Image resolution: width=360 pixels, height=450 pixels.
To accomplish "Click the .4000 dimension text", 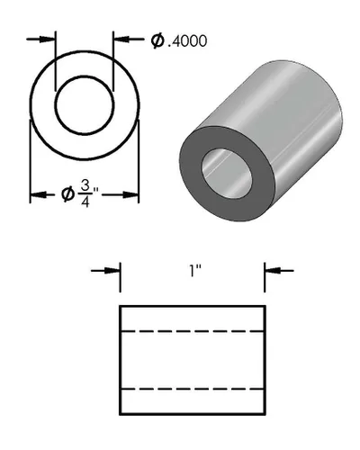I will (189, 40).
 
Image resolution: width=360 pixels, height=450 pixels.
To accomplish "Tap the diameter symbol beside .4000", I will (157, 40).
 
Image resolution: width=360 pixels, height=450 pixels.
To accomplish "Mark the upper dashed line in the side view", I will (193, 331).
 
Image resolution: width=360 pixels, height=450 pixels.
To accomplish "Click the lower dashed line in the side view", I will (193, 389).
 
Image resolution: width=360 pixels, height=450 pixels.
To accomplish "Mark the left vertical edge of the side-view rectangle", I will (121, 360).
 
